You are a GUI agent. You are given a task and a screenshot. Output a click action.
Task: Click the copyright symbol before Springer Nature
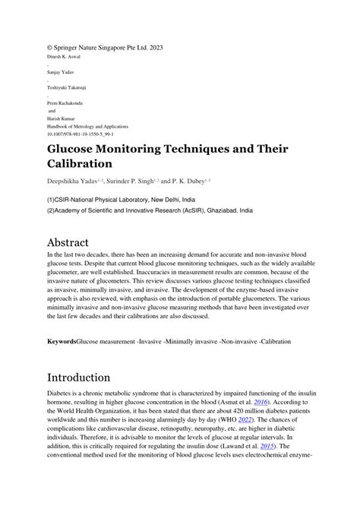point(50,49)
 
